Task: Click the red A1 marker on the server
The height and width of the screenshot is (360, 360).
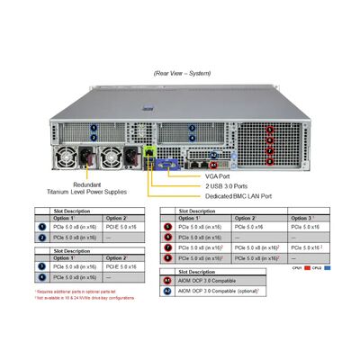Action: coord(212,166)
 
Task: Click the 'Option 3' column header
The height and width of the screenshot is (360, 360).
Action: coord(302,218)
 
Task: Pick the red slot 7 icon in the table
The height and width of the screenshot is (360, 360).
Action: coord(168,247)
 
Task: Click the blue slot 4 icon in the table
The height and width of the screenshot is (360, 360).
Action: coord(40,278)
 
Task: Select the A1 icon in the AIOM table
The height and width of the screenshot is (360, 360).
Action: coord(166,281)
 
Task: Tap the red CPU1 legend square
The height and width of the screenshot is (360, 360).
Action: coord(309,268)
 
